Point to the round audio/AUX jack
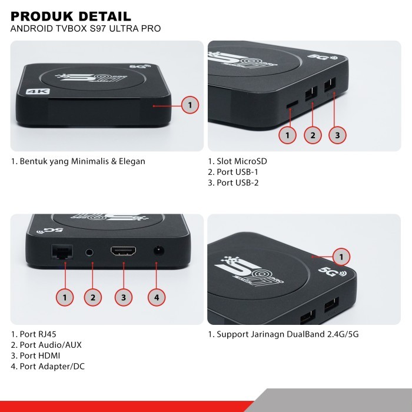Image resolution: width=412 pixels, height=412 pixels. point(89,252)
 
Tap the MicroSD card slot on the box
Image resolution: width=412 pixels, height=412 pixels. point(291,104)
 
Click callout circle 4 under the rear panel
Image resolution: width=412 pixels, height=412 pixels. point(156,297)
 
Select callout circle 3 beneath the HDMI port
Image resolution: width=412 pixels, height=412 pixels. point(123,297)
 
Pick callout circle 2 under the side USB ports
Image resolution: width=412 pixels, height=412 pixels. point(313,135)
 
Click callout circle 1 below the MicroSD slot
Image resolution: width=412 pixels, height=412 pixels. point(287,135)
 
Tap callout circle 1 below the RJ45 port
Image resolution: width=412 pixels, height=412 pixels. point(65,297)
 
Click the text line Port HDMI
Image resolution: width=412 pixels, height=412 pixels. point(35,355)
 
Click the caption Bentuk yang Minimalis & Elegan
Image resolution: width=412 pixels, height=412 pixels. point(78,161)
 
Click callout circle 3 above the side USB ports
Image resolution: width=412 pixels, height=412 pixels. point(337,135)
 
